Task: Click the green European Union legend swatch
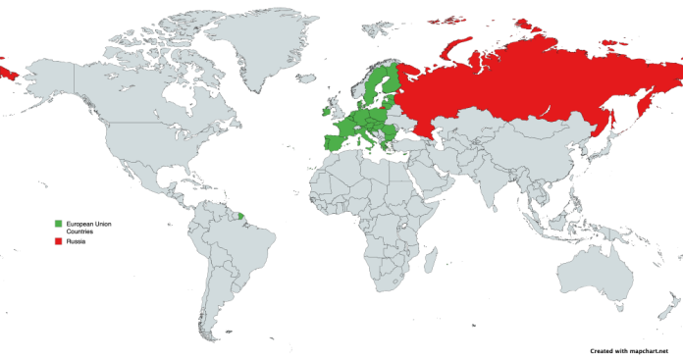tap(58, 225)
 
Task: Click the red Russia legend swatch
tap(58, 240)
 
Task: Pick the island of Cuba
tap(177, 171)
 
